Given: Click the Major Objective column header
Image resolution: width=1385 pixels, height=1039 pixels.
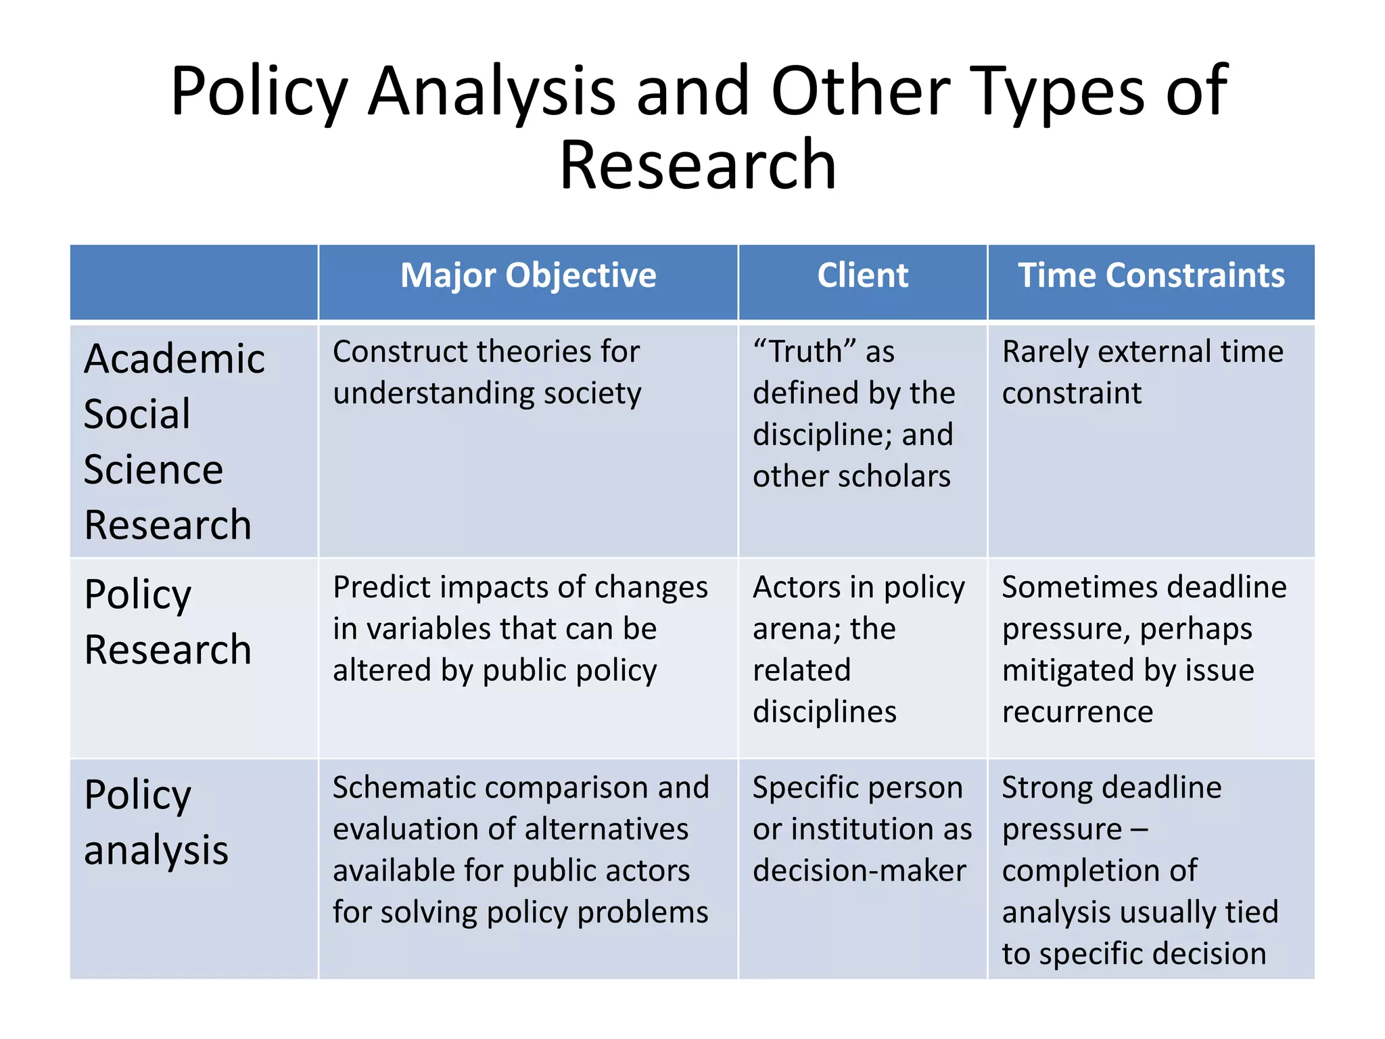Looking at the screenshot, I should [528, 276].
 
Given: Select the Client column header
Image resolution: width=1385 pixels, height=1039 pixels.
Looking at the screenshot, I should [862, 276].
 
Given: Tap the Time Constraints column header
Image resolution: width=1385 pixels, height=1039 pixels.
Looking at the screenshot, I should [1151, 276].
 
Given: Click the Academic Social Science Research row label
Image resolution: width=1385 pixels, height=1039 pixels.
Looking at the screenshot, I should [173, 441].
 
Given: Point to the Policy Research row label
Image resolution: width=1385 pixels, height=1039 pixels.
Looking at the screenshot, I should [168, 622].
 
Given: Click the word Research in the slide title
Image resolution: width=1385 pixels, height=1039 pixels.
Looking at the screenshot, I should [698, 165].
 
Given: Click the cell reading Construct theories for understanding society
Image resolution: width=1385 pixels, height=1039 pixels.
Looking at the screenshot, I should [487, 372].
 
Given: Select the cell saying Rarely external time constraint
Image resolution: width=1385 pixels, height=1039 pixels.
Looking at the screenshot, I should [1142, 372].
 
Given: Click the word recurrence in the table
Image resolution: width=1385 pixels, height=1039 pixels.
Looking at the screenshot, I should [1077, 712].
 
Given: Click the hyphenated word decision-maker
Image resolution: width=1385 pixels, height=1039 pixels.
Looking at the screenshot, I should [860, 871].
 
